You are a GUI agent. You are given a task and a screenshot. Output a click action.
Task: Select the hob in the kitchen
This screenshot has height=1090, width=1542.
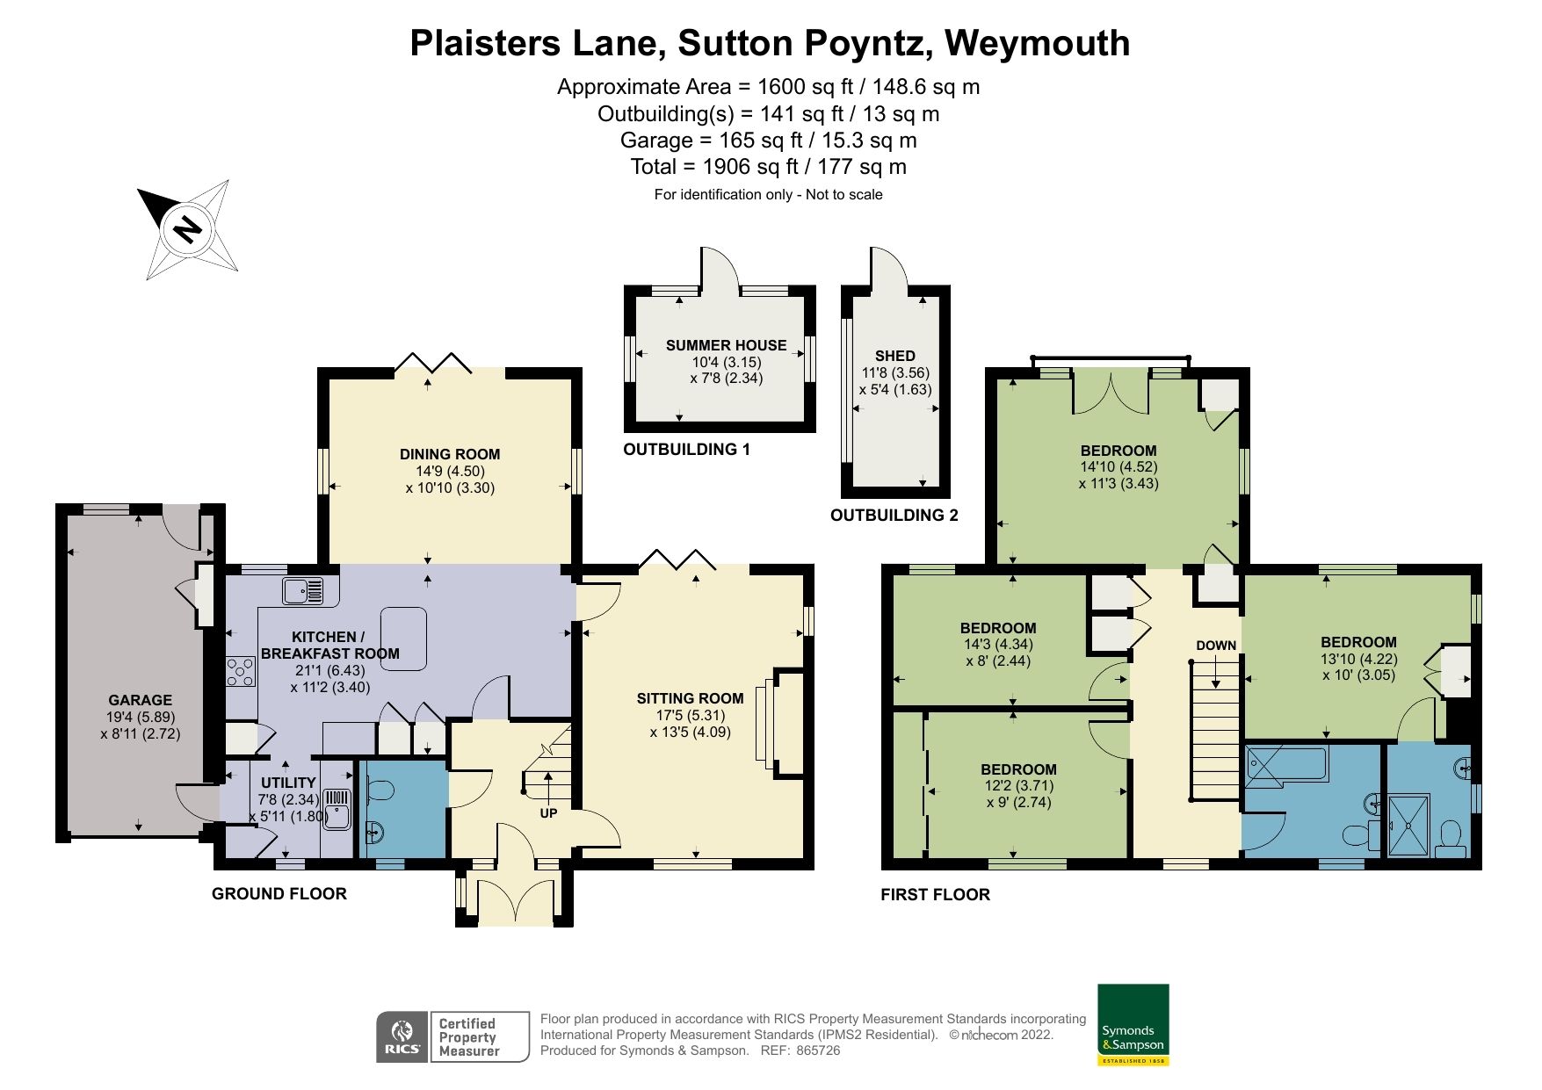coord(241,673)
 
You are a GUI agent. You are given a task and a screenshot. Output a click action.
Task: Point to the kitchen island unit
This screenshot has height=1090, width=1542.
coord(403,639)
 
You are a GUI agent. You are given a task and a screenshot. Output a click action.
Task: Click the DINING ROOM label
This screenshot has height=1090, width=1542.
coord(450,454)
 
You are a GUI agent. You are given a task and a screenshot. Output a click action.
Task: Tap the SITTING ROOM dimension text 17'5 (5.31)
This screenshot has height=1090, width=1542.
coord(690,715)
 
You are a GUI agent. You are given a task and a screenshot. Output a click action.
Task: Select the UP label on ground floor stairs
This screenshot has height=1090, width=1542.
coord(548,813)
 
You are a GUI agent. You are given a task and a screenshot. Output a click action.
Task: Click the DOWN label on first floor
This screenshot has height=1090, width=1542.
coord(1216,646)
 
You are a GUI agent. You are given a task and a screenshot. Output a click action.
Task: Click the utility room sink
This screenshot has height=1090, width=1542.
coord(338,809)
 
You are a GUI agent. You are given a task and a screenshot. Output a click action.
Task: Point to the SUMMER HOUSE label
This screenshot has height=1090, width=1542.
coord(726,345)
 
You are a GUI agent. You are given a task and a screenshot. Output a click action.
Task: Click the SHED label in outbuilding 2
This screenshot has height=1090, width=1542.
coord(895,356)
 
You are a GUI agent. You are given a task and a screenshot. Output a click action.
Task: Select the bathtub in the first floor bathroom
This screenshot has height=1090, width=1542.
coord(1287,763)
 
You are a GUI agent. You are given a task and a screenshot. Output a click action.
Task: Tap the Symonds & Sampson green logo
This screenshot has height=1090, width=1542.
coord(1133,1024)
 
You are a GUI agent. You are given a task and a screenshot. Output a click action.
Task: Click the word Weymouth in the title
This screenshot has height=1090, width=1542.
coord(1038,42)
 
